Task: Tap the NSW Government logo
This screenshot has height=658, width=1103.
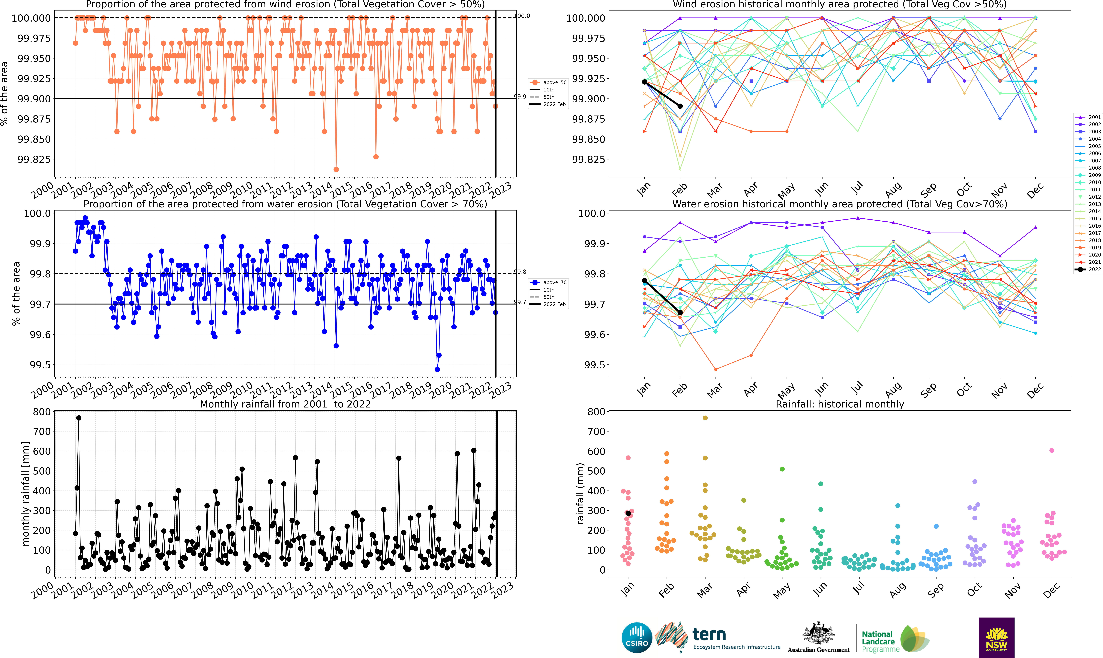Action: point(997,638)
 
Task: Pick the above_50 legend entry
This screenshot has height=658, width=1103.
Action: point(548,82)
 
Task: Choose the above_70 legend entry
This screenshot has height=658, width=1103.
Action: point(548,282)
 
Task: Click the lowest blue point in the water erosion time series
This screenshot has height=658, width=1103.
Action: point(437,369)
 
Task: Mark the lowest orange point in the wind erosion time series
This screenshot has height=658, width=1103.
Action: point(336,169)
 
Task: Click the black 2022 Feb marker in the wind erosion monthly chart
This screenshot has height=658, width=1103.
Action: point(680,106)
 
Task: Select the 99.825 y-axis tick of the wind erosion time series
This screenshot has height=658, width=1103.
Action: point(34,159)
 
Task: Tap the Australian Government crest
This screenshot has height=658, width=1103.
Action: point(818,634)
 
